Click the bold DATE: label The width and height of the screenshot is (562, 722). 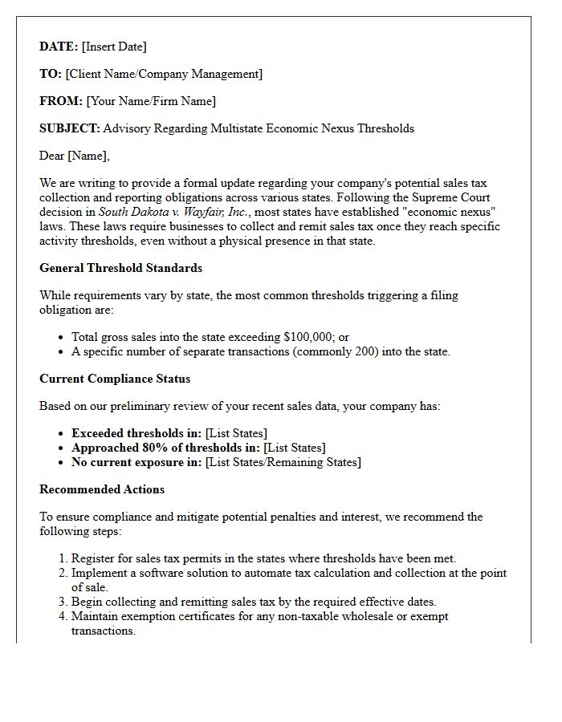point(59,47)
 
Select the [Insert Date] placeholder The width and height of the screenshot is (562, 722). point(114,47)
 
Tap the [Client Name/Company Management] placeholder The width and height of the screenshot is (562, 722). point(164,74)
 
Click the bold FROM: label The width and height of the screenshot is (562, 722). point(61,101)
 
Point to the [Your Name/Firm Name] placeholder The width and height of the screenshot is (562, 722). point(151,101)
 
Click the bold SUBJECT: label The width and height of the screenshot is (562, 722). point(70,128)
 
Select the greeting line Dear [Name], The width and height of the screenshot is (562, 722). point(75,156)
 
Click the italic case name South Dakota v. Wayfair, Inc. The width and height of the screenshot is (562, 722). point(174,212)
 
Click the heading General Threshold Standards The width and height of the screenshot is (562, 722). point(120,268)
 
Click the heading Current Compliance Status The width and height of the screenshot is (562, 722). point(115,379)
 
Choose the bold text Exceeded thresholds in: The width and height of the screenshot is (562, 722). point(136,433)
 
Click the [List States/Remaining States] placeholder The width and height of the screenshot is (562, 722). point(283,462)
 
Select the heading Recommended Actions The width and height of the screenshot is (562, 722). point(102,489)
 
